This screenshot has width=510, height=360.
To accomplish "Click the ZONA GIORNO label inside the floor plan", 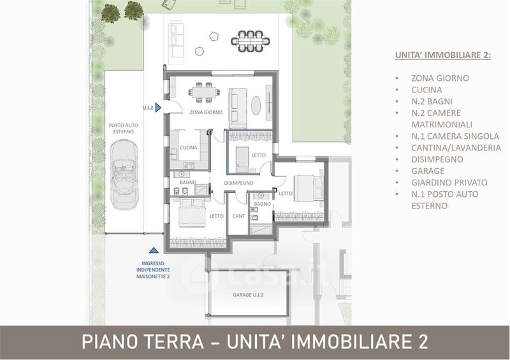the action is click(x=206, y=112).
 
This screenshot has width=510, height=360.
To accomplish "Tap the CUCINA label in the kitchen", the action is click(x=189, y=148).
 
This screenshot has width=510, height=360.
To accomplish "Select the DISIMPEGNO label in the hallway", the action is click(x=238, y=183).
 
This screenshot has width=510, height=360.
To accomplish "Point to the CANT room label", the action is click(x=238, y=216).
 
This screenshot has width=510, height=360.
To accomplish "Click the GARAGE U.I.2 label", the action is click(x=248, y=295).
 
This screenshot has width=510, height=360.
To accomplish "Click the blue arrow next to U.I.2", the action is click(x=158, y=107).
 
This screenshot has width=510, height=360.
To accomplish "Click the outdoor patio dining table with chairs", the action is click(x=251, y=41).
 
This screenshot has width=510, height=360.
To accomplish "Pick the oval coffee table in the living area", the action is click(x=256, y=106).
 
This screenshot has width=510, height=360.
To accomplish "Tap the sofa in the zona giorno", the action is click(x=238, y=108).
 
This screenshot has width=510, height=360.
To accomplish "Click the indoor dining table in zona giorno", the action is click(x=204, y=92).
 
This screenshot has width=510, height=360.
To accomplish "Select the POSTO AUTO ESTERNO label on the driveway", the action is click(x=123, y=129).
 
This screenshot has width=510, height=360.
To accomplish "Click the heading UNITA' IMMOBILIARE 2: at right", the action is click(x=443, y=55).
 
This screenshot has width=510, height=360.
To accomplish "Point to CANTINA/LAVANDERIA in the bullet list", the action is click(x=456, y=148).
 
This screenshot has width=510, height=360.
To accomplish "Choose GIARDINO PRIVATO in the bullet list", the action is click(x=449, y=182).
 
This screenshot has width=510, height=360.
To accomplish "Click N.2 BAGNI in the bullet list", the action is click(x=432, y=101).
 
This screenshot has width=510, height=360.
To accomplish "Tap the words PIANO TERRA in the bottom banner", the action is click(x=143, y=342).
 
